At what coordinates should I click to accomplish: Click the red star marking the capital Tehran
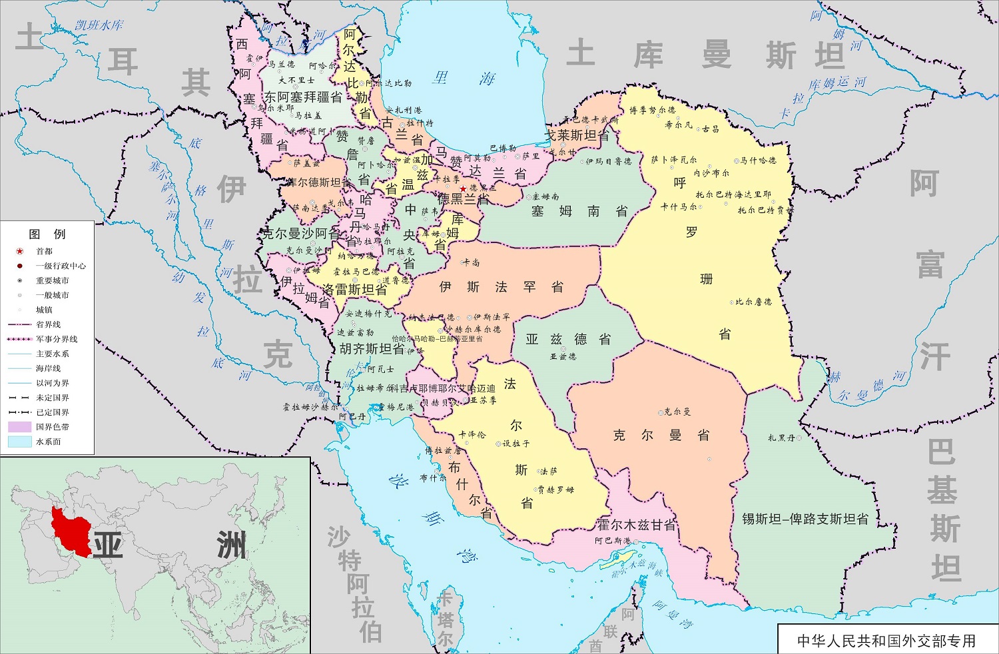pos(463,189)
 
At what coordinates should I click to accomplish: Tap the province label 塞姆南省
pos(579,212)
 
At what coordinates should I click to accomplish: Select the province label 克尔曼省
pos(661,436)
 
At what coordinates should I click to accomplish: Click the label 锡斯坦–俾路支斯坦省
pos(805,519)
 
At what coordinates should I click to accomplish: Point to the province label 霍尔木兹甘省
pos(636,525)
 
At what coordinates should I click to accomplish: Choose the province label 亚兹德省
pos(568,340)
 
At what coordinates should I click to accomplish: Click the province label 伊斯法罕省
pos(501,287)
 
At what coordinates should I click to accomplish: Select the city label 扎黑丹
pos(781,438)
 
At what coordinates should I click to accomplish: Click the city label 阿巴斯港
pos(613,541)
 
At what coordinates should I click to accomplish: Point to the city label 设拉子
pos(515,444)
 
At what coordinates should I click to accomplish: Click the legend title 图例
pos(47,234)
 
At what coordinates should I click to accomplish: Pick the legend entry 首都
pos(44,251)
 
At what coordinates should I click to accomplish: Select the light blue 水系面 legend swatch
pos(20,442)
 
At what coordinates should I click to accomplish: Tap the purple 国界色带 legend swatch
pos(20,427)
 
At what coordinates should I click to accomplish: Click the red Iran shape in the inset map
pos(70,533)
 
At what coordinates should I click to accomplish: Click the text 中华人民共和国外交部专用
pos(886,641)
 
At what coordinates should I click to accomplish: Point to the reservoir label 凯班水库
pos(99,25)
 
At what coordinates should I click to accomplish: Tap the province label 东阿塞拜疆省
pos(303,97)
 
